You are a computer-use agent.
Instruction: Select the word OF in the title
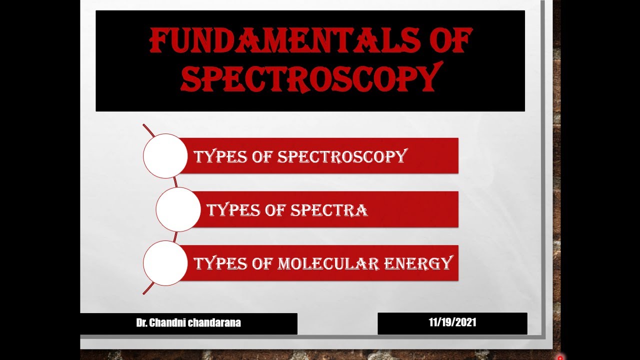(445, 41)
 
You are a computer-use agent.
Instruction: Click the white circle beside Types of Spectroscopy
(165, 156)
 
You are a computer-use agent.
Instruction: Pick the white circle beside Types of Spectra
(178, 209)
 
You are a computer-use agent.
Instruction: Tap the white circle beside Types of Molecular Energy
(165, 263)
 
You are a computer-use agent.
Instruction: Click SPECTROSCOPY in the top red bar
(342, 156)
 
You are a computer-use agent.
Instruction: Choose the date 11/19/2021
(452, 322)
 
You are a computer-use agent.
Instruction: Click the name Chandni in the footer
(170, 323)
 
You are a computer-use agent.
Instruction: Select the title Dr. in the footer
(142, 323)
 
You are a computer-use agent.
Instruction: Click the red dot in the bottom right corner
(560, 357)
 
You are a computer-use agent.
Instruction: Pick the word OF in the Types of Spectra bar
(273, 210)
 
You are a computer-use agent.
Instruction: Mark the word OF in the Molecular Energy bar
(260, 263)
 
